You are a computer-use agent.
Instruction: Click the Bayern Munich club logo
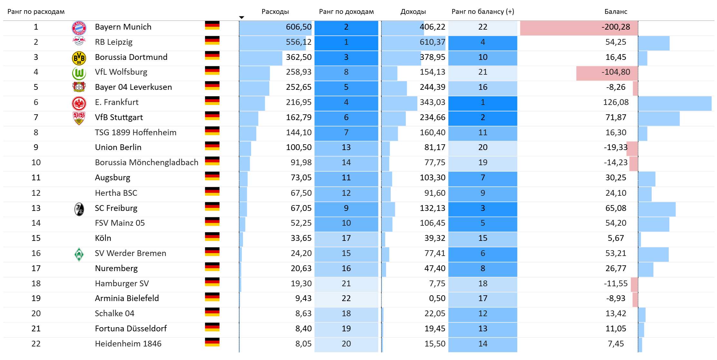79,28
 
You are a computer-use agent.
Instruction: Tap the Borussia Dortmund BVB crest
79,58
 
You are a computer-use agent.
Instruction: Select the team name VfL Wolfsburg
121,72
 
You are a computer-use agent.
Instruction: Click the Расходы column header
275,12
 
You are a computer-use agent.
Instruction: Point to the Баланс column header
616,12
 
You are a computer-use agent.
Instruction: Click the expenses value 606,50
298,27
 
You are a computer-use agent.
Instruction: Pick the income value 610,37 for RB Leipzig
432,42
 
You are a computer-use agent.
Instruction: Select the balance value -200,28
616,27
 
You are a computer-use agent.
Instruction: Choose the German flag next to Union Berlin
212,146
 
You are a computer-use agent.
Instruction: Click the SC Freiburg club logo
79,209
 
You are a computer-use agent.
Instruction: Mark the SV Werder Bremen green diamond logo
79,254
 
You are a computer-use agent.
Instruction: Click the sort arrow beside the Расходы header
242,17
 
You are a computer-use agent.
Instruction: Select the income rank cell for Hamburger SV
346,283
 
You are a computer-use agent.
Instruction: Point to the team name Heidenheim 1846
128,344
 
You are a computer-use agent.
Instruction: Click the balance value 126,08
616,102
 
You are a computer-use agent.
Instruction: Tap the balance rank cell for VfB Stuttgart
482,118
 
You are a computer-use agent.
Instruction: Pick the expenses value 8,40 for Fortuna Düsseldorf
303,328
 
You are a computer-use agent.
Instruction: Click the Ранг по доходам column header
346,12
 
